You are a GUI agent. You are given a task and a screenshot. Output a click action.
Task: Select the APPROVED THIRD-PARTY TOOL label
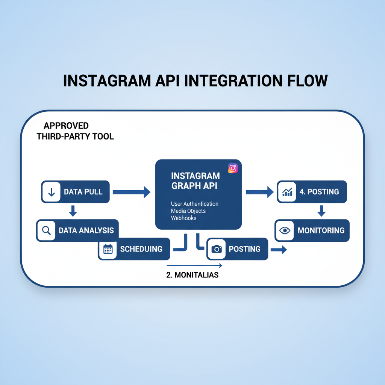point(75,131)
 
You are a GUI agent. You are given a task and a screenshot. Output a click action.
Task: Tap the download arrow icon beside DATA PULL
point(52,192)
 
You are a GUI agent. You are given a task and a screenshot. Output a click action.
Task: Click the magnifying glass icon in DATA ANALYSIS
point(47,230)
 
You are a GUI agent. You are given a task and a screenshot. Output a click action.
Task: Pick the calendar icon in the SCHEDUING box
point(108,249)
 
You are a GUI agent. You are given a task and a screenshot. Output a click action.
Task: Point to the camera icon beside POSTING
point(216,249)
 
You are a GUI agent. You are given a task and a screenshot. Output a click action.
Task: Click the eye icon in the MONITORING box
point(285,230)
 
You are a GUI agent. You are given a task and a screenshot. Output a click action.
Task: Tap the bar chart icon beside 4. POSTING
point(287,192)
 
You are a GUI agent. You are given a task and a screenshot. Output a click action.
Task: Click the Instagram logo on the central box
point(233,168)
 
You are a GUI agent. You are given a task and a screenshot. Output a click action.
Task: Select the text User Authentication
point(194,204)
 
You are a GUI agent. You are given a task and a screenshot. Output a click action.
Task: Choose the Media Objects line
point(188,211)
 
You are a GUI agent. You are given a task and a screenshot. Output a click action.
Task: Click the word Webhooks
point(183,218)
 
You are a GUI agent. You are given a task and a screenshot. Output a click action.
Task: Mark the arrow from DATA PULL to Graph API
point(131,192)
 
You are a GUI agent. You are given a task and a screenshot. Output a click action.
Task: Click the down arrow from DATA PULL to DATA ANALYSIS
point(73,211)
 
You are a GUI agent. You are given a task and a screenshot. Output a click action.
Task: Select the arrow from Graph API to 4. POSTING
point(260,192)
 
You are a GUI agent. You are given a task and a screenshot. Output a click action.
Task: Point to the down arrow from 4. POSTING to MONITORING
point(321,211)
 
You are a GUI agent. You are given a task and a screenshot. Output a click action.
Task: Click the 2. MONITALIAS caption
point(192,275)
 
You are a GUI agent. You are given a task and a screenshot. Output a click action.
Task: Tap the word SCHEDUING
point(141,249)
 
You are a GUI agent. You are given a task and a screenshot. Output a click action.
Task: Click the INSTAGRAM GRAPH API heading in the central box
point(196,180)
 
